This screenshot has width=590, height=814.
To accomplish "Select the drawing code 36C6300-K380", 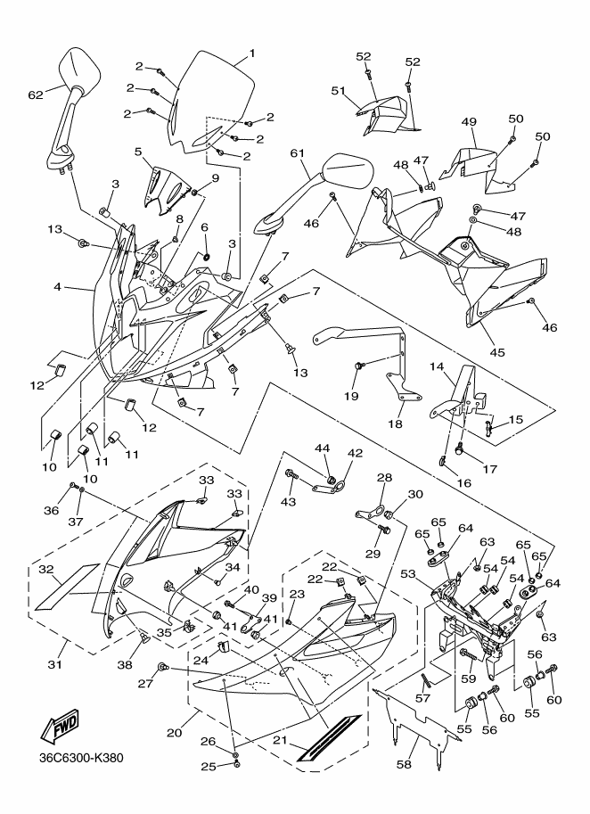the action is pos(81,758).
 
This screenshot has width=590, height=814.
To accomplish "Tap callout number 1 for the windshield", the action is pos(252,53).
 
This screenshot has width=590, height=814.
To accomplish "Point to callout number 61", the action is pos(298,153).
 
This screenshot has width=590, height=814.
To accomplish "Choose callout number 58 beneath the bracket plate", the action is pos(404,764).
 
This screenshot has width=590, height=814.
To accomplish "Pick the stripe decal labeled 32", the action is pos(67,586).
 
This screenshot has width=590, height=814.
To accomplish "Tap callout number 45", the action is pos(497,352).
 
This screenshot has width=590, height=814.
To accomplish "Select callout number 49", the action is pos(469,122).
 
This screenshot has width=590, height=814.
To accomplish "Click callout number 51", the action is pos(339,91).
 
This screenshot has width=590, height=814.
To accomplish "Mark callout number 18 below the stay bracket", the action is pos(396,423).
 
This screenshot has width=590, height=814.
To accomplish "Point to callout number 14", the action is pos(437,366).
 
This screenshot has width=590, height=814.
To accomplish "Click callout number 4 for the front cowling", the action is pos(58,286).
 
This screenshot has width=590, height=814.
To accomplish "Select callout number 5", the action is pos(138,152).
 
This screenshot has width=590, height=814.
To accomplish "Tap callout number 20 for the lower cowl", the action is pos(175,733).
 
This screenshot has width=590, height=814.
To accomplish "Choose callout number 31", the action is pos(55,664).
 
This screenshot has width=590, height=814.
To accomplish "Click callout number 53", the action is pos(408,573).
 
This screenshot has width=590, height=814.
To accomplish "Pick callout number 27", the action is pos(145,684).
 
